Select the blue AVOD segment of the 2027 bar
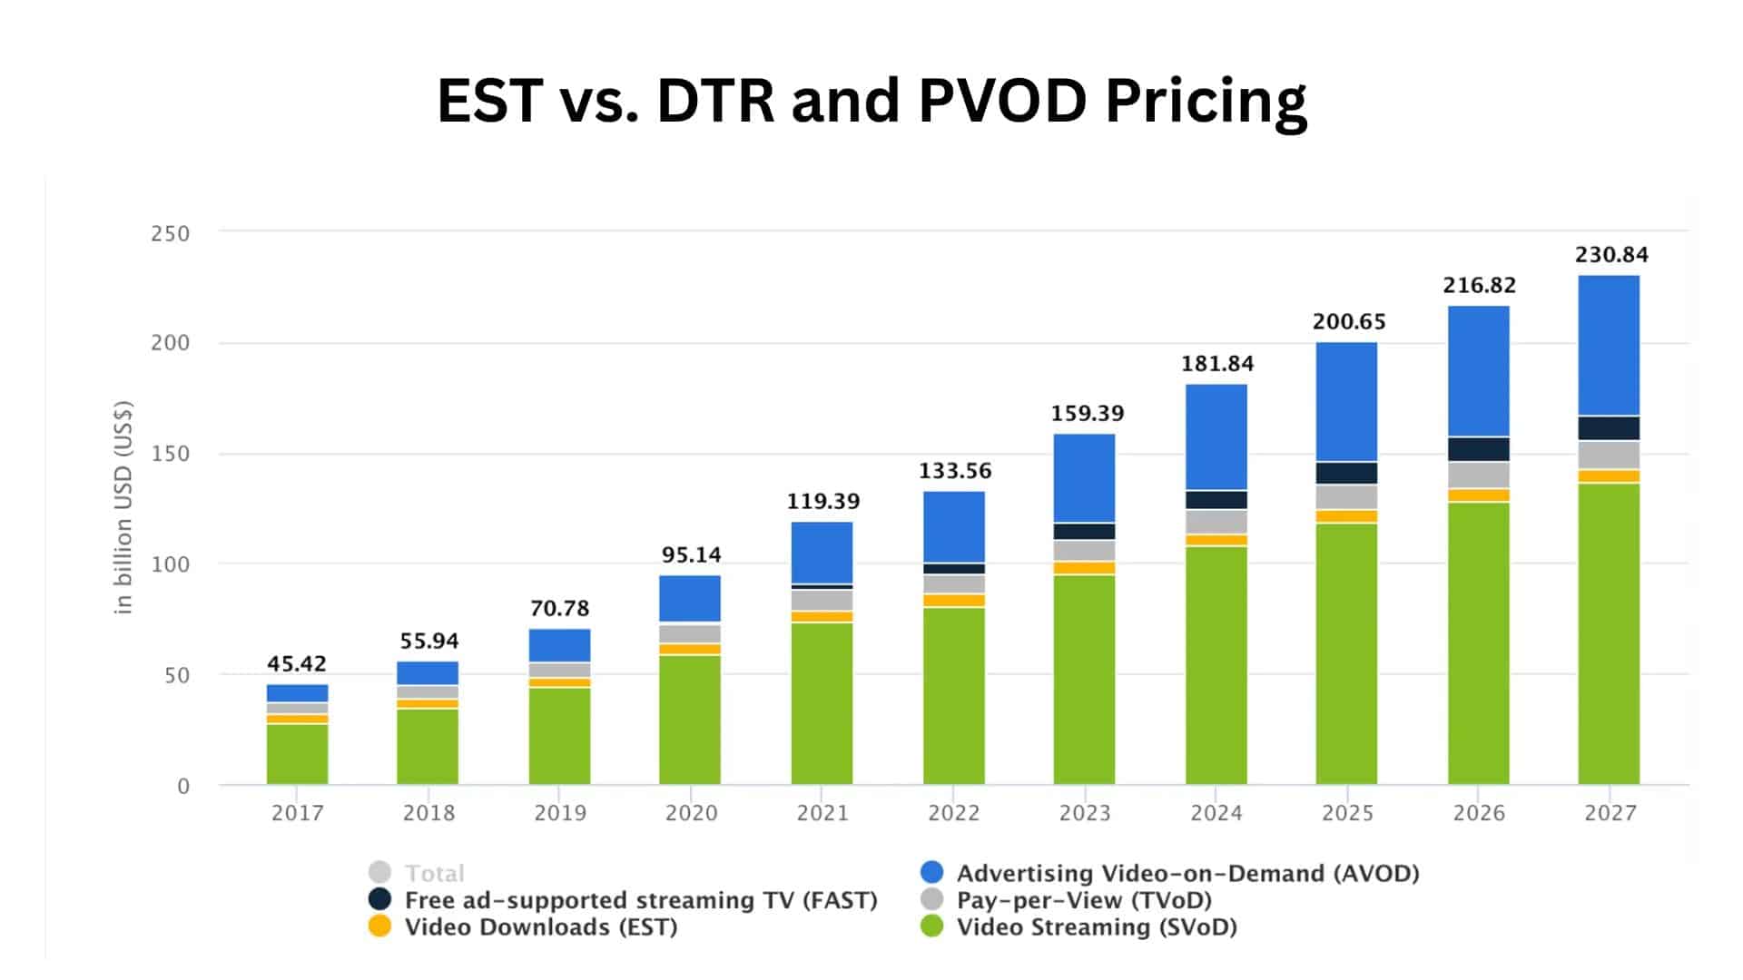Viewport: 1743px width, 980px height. click(1609, 346)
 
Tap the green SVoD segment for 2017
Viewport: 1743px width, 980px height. click(297, 753)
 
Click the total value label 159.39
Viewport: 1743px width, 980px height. click(1087, 414)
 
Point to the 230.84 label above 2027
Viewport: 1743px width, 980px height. click(1610, 255)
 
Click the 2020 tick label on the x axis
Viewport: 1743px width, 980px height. click(691, 813)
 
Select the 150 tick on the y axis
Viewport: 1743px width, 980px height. click(170, 454)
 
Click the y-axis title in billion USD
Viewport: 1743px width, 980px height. click(123, 507)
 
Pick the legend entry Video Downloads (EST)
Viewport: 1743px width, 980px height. click(540, 927)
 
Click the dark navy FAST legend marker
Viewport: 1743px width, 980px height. click(379, 899)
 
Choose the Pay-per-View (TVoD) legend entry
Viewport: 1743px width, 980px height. click(1084, 900)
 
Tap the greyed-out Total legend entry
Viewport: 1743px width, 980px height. click(434, 873)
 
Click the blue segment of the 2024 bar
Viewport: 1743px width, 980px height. click(1216, 436)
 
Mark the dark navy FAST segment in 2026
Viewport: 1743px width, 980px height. click(1478, 449)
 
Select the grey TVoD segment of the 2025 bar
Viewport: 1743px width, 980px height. click(1346, 496)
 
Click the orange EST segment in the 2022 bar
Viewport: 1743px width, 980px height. click(953, 601)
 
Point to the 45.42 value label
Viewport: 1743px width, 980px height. click(296, 664)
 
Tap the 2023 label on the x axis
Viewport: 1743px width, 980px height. click(1085, 813)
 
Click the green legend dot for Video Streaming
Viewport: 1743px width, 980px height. click(932, 926)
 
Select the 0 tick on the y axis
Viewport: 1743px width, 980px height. click(182, 787)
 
